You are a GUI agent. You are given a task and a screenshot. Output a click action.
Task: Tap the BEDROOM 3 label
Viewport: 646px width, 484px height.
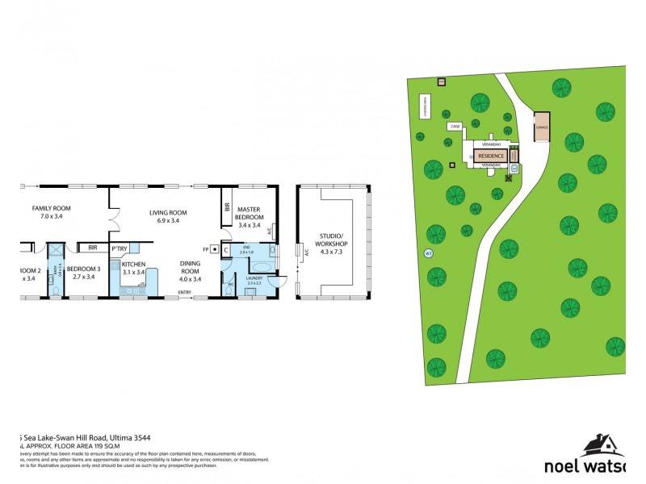tap(83, 273)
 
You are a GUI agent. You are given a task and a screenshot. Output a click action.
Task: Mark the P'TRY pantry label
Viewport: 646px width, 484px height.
tap(120, 248)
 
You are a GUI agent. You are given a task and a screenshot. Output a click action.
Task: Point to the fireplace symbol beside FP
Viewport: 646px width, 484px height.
tap(215, 249)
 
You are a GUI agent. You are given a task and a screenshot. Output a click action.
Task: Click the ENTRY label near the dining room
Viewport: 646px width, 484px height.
tap(185, 292)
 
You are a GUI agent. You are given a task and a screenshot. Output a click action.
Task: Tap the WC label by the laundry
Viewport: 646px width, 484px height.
tap(230, 285)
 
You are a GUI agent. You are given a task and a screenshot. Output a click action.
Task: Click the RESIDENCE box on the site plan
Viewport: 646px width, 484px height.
tap(491, 156)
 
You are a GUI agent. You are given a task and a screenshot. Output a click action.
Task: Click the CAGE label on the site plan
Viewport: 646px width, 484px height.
tap(455, 127)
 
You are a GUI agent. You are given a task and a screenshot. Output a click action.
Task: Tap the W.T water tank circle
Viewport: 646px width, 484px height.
tap(428, 254)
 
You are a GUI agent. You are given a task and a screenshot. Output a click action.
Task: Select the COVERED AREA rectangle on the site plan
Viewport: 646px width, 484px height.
tap(423, 106)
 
